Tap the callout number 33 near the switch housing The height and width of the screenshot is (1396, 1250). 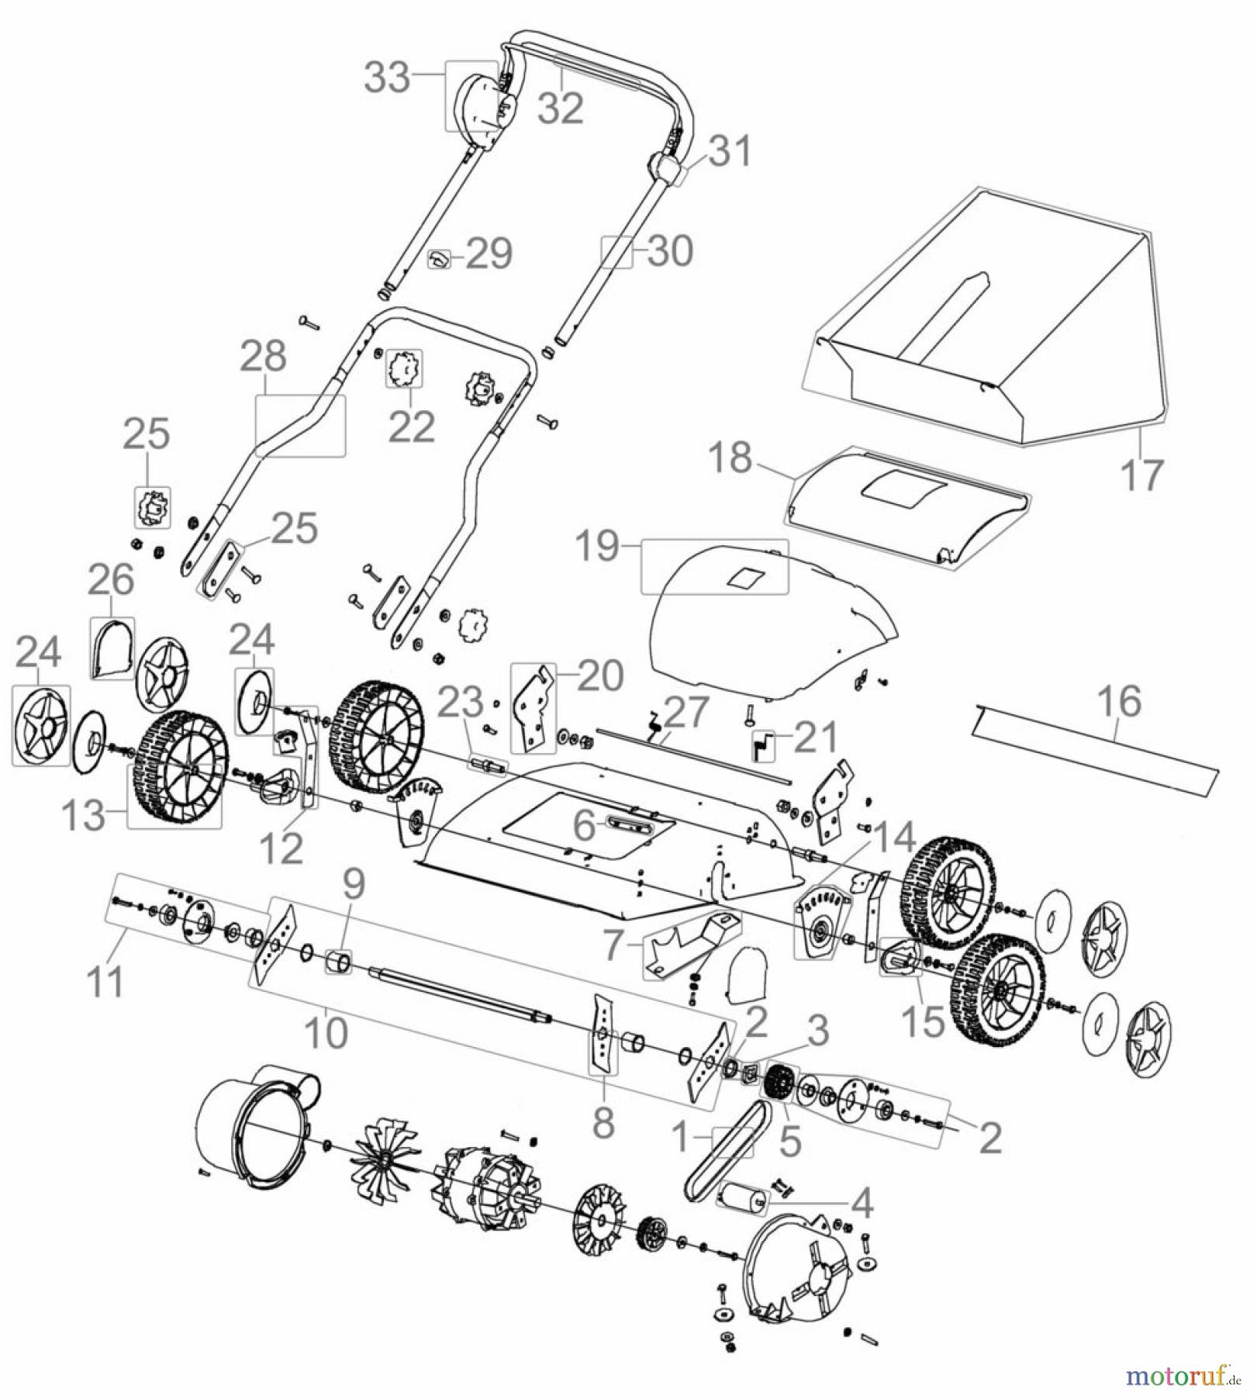pyautogui.click(x=388, y=78)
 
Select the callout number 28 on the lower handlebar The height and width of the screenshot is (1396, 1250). pyautogui.click(x=263, y=358)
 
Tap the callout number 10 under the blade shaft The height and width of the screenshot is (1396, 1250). pyautogui.click(x=327, y=1032)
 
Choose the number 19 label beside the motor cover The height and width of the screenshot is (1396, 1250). pyautogui.click(x=597, y=547)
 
